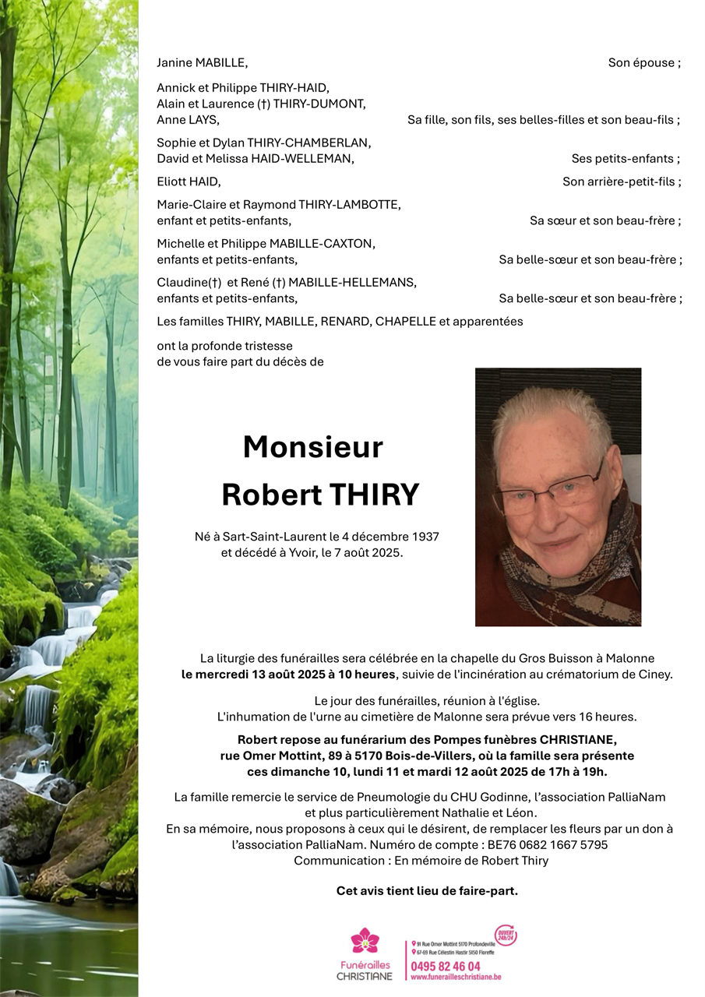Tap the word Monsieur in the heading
tap(313, 447)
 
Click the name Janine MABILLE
tap(202, 62)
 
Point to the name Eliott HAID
tap(189, 181)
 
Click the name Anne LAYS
tap(188, 119)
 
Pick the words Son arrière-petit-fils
tap(621, 181)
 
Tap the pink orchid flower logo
tap(365, 941)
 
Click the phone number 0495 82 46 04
tap(446, 967)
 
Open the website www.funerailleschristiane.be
tap(456, 978)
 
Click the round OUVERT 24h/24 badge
tap(505, 935)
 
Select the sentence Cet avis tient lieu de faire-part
tap(427, 890)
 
